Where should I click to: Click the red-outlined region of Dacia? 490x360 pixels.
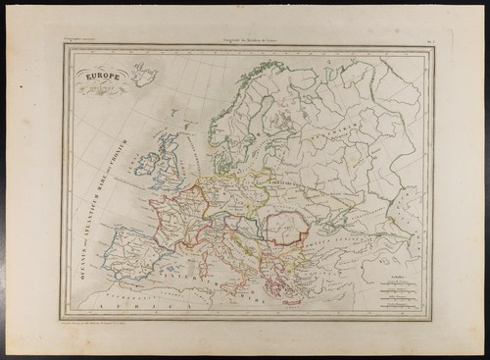(x=289, y=228)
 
